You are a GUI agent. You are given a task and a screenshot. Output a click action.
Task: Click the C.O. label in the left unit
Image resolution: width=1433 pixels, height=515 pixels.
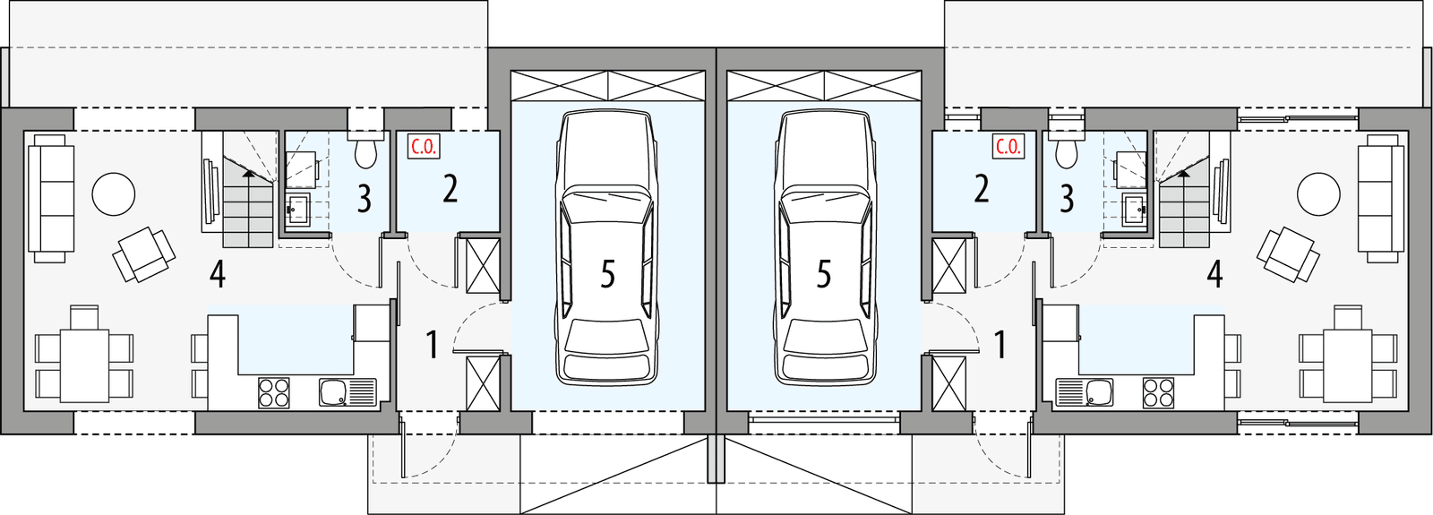pos(423,147)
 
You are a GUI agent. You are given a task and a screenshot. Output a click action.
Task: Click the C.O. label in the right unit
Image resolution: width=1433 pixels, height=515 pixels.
pos(1008,147)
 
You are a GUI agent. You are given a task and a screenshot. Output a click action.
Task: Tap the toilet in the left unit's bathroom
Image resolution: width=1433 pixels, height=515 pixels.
pos(365,152)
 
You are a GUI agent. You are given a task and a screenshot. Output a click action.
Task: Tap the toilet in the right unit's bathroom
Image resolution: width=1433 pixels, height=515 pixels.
pos(1066,152)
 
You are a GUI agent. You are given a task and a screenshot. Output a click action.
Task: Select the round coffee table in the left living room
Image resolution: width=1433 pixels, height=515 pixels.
pos(114,193)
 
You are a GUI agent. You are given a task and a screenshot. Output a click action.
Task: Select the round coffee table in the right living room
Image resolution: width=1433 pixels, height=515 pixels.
pos(1318,193)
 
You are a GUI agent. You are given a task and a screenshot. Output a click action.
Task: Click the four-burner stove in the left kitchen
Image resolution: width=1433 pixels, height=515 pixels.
pos(274,392)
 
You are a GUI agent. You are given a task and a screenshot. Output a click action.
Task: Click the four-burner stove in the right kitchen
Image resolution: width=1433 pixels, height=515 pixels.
pos(1157,392)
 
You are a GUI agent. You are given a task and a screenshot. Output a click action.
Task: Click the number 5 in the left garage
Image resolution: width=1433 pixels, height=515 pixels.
pos(607,275)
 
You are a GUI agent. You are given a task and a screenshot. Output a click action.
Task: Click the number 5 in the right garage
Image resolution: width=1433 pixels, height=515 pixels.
pos(824,275)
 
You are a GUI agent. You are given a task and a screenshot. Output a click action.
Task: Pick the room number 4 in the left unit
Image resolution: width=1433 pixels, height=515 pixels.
pos(217,274)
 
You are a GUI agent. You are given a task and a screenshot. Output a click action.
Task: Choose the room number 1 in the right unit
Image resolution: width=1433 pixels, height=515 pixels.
pos(1000,344)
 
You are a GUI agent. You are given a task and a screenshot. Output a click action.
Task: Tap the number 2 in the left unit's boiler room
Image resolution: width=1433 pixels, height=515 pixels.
pos(450,189)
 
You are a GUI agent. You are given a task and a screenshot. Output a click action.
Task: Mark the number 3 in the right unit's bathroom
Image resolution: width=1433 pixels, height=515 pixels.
pos(1067,199)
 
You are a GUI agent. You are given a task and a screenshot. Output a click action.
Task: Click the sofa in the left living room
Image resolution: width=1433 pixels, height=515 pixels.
pos(50,199)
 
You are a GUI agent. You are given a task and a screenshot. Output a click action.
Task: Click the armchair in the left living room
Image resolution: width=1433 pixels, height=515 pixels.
pos(143,254)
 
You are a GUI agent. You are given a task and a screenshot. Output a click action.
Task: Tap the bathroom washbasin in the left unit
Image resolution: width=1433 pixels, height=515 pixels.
pos(297,210)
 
